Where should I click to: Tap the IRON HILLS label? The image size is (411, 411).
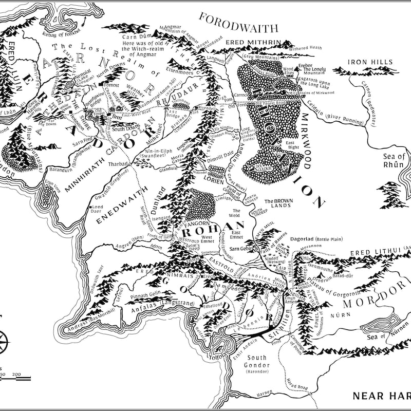coord(370,62)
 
